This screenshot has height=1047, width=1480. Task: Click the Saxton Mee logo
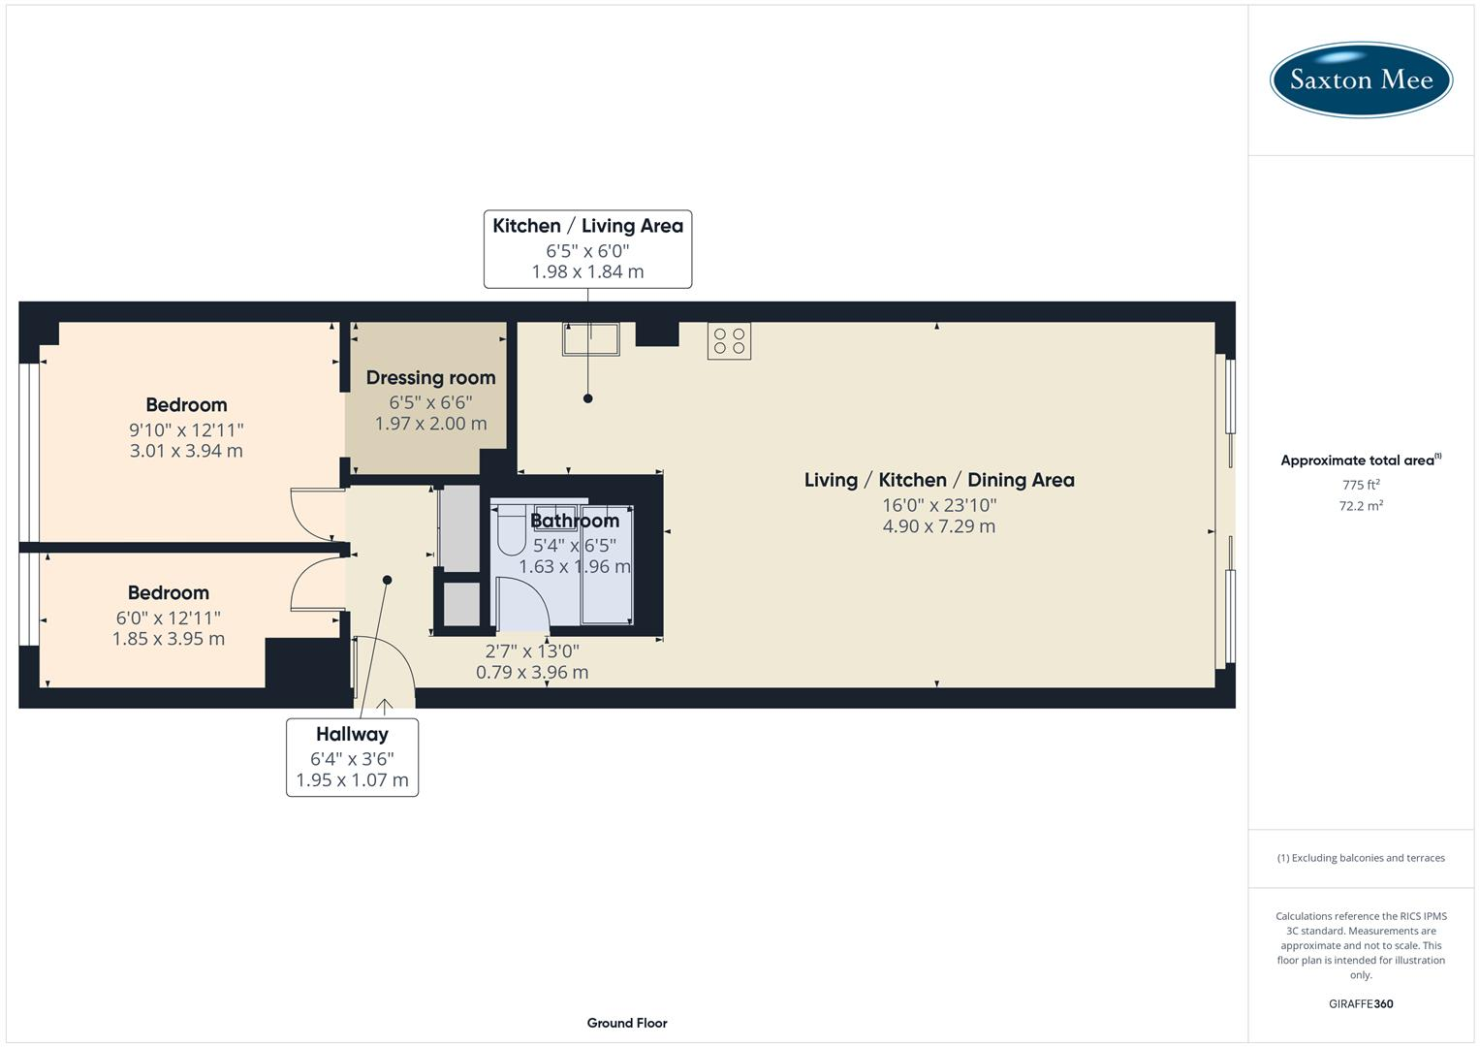[1361, 79]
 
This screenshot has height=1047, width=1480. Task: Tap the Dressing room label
[430, 378]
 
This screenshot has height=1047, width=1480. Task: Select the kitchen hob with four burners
[729, 341]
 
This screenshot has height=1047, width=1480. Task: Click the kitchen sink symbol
[590, 339]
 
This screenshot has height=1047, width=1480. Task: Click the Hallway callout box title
[352, 735]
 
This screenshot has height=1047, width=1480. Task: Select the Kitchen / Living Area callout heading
[587, 226]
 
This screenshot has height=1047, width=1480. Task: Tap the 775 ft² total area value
[1361, 485]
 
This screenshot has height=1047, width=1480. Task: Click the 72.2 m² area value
[1361, 506]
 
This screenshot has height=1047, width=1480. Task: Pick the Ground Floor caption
[627, 1023]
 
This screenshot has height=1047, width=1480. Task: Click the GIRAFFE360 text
[1361, 1004]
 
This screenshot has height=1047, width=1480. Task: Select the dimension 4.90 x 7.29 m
[938, 526]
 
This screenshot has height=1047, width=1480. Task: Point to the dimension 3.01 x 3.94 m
[186, 451]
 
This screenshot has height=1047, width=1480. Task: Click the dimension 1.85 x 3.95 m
[169, 639]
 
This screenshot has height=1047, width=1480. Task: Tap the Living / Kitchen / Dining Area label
[938, 480]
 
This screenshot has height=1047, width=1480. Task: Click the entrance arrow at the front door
[385, 706]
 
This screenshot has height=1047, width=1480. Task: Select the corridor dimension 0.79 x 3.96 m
[532, 672]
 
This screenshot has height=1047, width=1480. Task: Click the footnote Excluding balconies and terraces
[1361, 858]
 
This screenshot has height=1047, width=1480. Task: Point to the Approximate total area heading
[1360, 460]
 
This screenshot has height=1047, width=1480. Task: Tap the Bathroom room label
[574, 522]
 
